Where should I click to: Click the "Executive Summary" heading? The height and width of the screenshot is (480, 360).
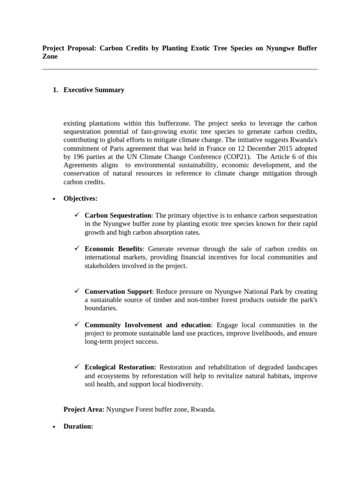coord(94,90)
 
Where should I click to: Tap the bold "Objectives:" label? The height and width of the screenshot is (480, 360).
coord(81,198)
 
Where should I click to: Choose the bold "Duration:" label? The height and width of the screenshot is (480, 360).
coord(78,427)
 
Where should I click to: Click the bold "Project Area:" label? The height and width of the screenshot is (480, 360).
coord(84,409)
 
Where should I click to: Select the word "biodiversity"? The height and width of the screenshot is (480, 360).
coord(186,384)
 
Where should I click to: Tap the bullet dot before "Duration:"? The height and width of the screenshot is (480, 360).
coord(54,427)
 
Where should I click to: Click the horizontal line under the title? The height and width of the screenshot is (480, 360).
coord(180,69)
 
